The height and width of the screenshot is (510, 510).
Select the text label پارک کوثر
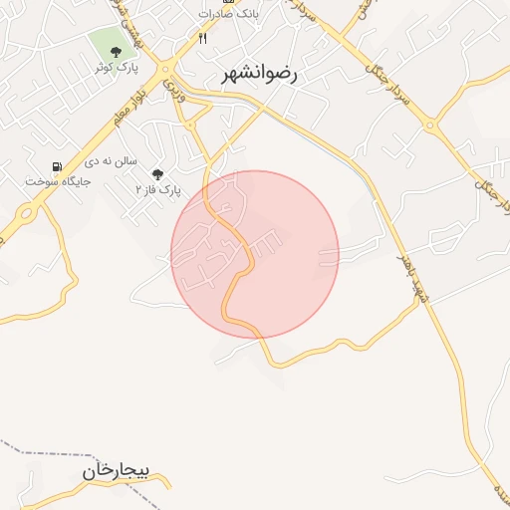[x=116, y=67]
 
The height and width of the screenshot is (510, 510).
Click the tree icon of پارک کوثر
[x=117, y=51]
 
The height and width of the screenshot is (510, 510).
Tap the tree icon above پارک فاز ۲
[x=157, y=173]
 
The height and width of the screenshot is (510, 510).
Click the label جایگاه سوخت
[x=59, y=182]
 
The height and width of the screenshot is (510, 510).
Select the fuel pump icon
[x=57, y=166]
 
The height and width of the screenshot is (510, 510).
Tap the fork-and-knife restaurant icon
[x=203, y=38]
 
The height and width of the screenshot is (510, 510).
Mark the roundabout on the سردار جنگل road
[x=430, y=127]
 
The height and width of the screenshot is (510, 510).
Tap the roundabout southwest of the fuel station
[x=24, y=212]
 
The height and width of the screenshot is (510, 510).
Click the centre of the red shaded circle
[x=255, y=254]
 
